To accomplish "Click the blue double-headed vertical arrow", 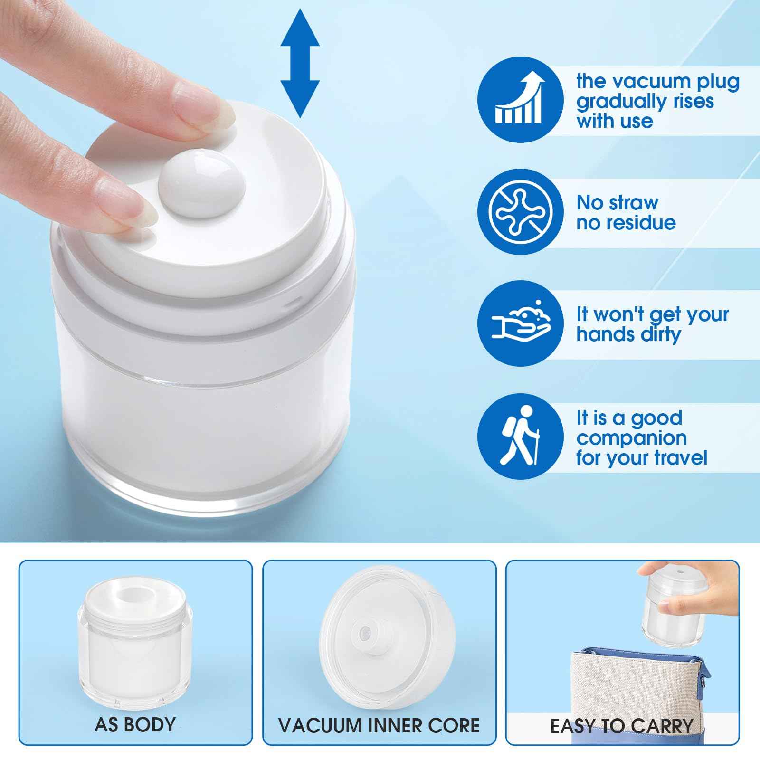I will click(x=300, y=63).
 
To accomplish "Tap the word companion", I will click(x=631, y=438).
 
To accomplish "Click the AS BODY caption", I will click(x=135, y=725).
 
